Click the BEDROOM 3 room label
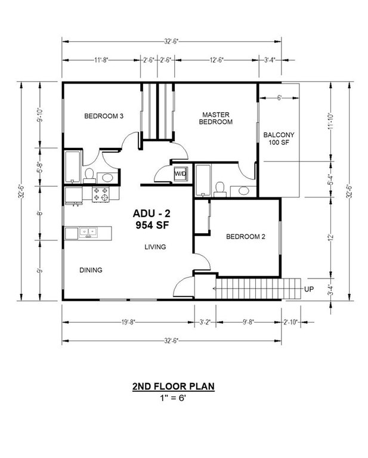pos(103,116)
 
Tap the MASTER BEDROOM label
pos(216,118)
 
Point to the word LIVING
pos(154,247)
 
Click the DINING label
pos(91,270)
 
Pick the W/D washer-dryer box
pos(180,174)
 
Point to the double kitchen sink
pos(86,232)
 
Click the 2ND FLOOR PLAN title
pos(173,386)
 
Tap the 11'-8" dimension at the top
pos(101,60)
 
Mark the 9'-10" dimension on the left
pos(39,114)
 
